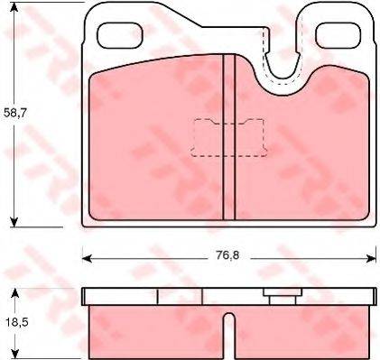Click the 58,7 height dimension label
point(15,113)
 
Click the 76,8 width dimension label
point(227,255)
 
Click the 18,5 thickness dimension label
point(16,323)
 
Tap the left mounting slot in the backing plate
point(120,35)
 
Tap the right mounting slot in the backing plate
point(338,35)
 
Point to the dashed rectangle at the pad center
point(229,137)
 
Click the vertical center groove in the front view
point(229,137)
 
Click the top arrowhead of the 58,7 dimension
point(14,7)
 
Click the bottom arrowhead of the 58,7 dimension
point(14,222)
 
